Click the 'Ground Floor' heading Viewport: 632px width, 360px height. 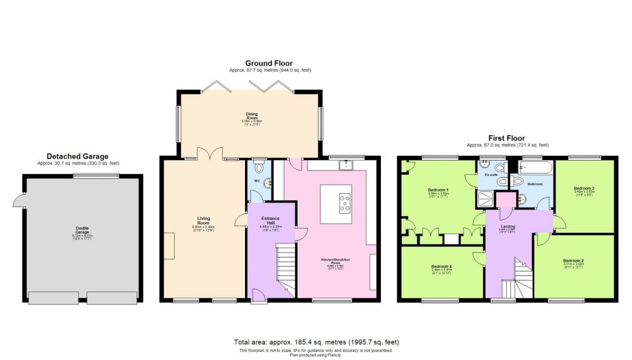[268, 64]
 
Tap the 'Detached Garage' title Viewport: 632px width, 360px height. [77, 156]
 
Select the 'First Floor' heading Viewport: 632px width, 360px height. [505, 138]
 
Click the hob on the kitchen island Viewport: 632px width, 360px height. [344, 204]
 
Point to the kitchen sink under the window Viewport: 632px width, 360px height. [346, 165]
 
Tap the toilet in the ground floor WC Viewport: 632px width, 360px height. [260, 167]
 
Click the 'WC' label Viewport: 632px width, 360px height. [257, 182]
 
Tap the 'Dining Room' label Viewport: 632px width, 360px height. [251, 115]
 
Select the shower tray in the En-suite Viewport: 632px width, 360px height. [486, 197]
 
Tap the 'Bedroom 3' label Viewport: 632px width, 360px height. [583, 188]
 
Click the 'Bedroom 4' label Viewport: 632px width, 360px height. [441, 267]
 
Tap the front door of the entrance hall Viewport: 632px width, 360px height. [259, 301]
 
